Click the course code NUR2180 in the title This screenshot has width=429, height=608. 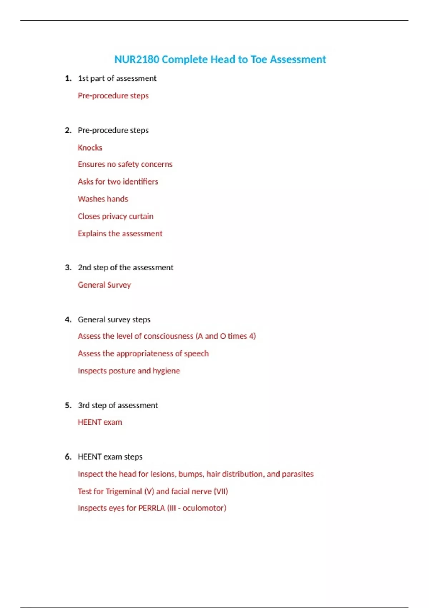tap(137, 59)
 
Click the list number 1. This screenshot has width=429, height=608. tap(68, 78)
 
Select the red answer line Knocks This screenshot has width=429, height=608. tap(90, 148)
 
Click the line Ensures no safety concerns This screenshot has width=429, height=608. tap(125, 165)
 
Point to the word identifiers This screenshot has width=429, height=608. tap(140, 182)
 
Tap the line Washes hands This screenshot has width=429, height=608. tap(103, 199)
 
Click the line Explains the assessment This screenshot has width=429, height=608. tap(120, 234)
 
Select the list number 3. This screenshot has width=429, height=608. tap(68, 268)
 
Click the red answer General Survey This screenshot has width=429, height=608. tap(104, 285)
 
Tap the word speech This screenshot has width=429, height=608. tap(196, 354)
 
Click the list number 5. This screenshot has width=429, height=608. tap(68, 406)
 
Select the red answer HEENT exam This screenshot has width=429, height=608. tap(100, 422)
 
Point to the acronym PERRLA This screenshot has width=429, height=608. tap(152, 508)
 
